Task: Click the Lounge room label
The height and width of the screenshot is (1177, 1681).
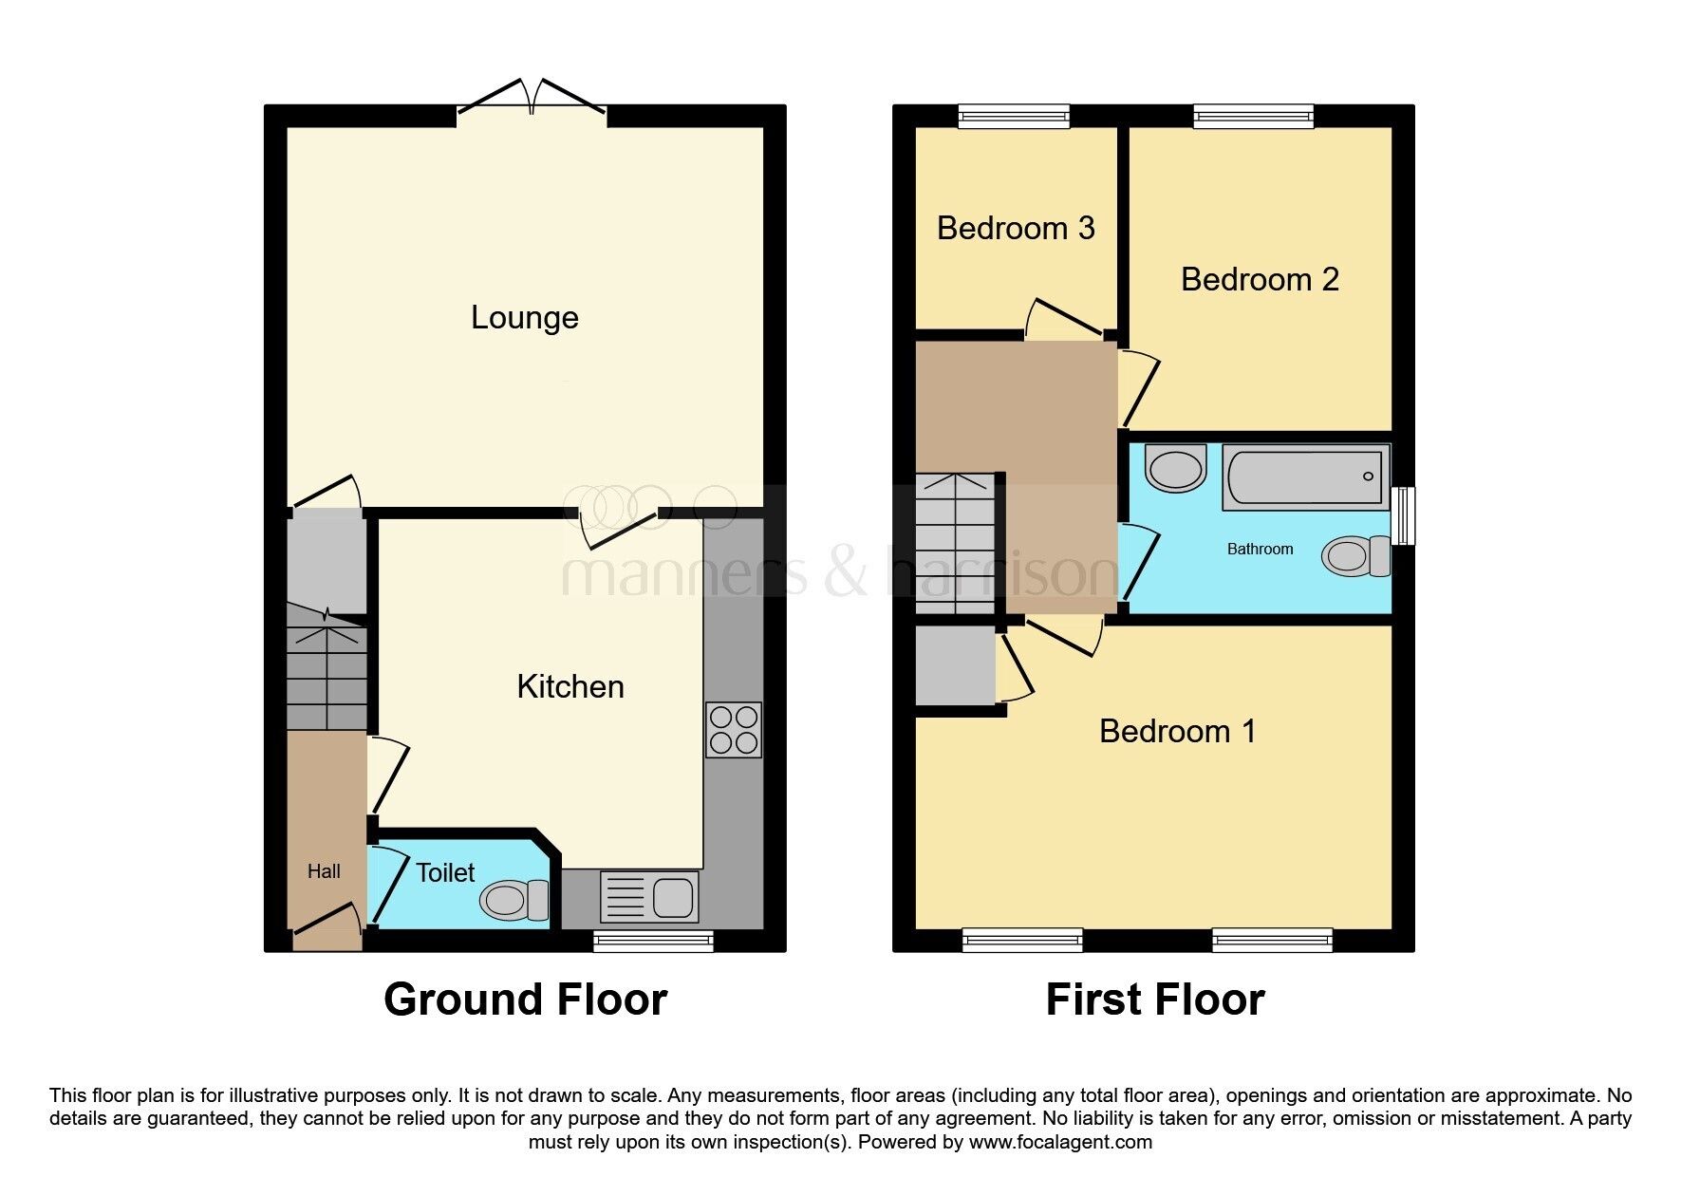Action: click(525, 317)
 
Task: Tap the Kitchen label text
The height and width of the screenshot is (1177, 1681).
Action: click(570, 686)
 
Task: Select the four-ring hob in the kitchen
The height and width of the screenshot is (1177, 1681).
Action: click(734, 729)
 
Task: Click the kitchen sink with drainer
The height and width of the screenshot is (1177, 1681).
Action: click(649, 897)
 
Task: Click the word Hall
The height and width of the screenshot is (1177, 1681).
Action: click(324, 871)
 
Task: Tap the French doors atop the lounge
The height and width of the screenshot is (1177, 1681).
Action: click(532, 100)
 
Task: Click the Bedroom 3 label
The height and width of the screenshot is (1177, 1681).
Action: click(1016, 228)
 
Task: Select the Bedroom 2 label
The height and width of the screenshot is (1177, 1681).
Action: click(1260, 279)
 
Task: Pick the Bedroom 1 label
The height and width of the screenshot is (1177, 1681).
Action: click(1178, 731)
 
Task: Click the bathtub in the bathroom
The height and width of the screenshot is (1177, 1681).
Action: click(1306, 476)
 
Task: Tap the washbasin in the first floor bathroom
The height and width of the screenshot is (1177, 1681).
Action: click(1176, 468)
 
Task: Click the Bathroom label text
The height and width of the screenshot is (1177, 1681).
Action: click(1260, 549)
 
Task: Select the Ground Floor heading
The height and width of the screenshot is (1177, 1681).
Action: click(525, 1000)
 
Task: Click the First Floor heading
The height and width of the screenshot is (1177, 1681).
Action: click(1155, 1000)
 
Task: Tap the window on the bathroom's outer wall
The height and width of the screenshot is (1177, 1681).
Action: click(1404, 515)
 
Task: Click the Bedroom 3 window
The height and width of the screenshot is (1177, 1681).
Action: click(1015, 117)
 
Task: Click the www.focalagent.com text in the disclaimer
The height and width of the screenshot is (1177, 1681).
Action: click(1060, 1142)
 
